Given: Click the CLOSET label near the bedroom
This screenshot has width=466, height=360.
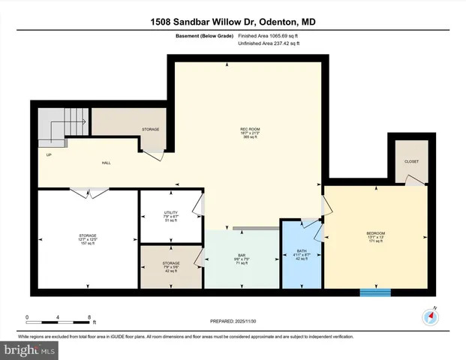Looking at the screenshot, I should click(x=411, y=161).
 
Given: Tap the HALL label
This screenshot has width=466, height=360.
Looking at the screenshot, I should click(x=107, y=163).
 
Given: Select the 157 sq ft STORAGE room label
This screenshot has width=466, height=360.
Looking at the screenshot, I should click(x=87, y=239).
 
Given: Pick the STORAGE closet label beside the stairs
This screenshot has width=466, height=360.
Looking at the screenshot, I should click(x=150, y=130).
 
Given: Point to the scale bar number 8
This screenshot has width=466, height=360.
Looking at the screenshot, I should click(x=89, y=317).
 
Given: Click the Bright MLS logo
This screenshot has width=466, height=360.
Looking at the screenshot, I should click(x=31, y=349).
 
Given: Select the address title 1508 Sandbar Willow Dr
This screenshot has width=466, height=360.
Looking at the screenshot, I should click(x=233, y=22).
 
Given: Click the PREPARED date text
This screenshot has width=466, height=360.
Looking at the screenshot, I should click(x=233, y=321).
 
